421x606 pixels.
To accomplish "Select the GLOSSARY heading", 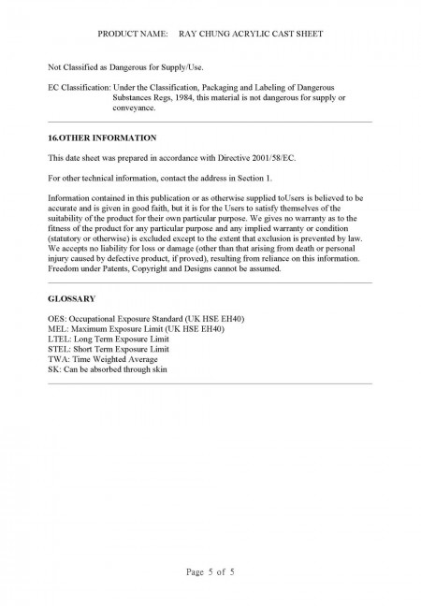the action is click(x=72, y=299).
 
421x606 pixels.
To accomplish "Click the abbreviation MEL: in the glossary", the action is click(x=57, y=329).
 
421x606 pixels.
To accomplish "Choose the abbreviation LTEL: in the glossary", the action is click(x=59, y=339).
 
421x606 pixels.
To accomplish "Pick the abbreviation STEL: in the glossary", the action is click(x=59, y=349).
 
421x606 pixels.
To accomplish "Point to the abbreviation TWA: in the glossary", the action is click(x=58, y=359).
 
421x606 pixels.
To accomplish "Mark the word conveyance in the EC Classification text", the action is click(x=135, y=108).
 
